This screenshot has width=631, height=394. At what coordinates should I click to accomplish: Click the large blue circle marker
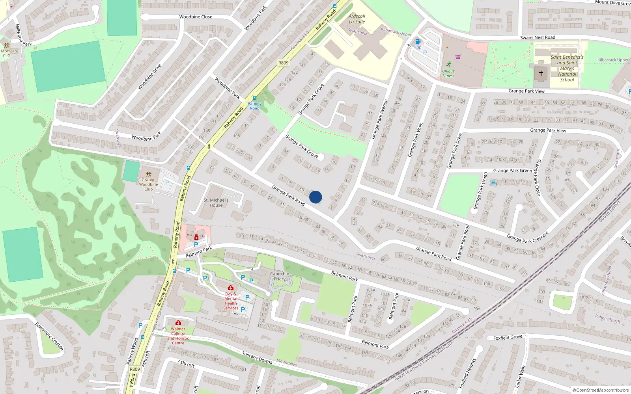coord(315,197)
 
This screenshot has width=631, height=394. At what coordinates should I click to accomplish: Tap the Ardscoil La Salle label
coord(357,19)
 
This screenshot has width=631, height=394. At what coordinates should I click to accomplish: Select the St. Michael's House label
coord(216,203)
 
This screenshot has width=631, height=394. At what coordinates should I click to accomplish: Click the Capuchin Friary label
coord(280,276)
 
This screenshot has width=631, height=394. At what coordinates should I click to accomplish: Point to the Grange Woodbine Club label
coord(149,184)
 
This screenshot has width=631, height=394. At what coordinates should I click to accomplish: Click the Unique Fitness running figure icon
coord(448,64)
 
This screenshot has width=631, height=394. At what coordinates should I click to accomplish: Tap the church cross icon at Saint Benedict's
coord(541,73)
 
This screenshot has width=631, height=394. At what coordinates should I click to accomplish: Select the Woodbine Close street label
coord(196,17)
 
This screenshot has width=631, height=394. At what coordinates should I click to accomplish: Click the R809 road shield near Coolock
coord(283,63)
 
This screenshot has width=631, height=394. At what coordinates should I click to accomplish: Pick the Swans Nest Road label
coord(538,38)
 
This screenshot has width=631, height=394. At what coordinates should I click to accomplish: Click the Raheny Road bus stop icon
coord(254,98)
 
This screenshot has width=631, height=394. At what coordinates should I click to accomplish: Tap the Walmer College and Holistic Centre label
coord(178,336)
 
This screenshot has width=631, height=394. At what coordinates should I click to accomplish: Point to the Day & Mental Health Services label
coord(231,301)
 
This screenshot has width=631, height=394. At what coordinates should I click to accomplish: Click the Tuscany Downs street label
coord(257,358)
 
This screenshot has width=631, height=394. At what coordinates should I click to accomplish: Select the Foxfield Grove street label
coord(508,338)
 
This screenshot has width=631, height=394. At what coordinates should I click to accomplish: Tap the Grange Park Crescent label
coord(527,238)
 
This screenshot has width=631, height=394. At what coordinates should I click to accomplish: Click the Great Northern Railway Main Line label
coord(424,361)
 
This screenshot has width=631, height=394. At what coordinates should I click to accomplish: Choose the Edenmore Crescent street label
coord(49,337)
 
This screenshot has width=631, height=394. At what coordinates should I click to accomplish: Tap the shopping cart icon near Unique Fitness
coord(458,57)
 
